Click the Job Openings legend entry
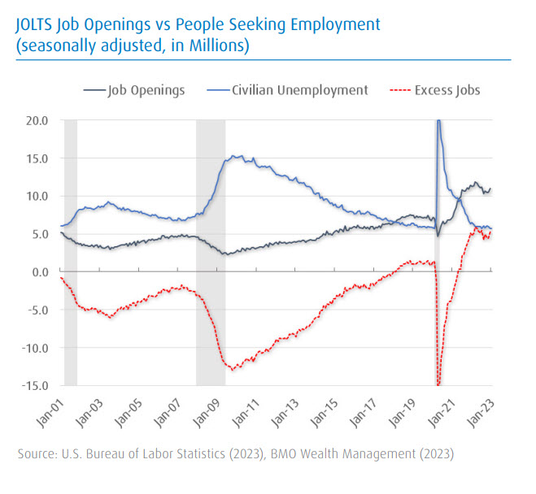tap(146, 90)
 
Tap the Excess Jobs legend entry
tap(444, 90)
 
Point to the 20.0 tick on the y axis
tap(38, 120)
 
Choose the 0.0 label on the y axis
tap(41, 272)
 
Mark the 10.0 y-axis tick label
tap(38, 196)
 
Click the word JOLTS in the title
tap(37, 25)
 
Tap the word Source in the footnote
tap(37, 453)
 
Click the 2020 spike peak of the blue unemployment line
tap(438, 122)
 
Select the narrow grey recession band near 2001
tap(71, 252)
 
